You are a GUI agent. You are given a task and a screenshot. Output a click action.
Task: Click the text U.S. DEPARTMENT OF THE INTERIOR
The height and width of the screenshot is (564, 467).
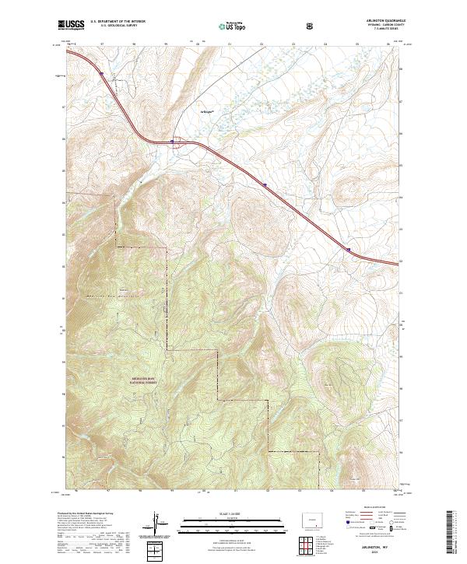click(x=118, y=22)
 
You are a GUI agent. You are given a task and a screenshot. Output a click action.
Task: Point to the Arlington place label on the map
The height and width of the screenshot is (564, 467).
click(x=205, y=110)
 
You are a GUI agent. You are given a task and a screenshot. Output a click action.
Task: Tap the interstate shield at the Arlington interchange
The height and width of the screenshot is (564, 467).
click(x=172, y=141)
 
